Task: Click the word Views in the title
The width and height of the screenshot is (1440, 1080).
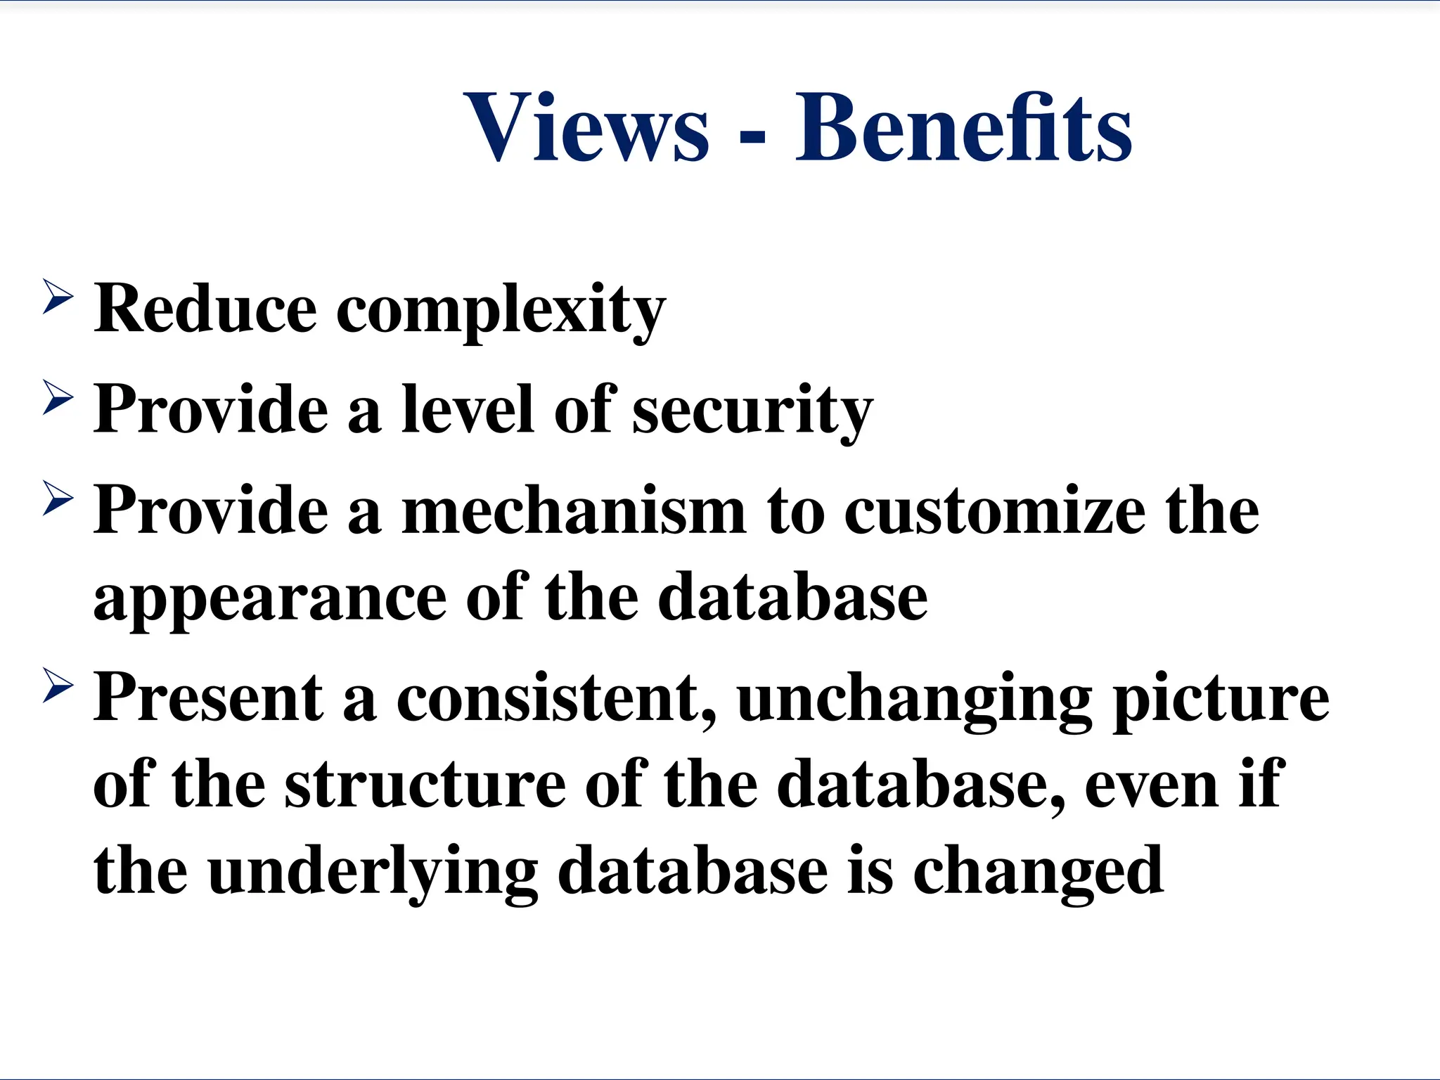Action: [586, 128]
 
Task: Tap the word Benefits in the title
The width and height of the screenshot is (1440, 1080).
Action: [963, 128]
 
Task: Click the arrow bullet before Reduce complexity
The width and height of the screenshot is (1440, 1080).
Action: [58, 296]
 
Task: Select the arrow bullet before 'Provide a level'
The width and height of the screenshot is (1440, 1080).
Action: [58, 397]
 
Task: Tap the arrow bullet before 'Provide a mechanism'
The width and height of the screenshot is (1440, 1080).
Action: [58, 499]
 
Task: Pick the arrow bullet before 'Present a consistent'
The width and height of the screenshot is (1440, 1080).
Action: [58, 686]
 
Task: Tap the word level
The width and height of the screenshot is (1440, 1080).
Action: [467, 409]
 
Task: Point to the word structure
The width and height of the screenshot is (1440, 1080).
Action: [425, 785]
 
